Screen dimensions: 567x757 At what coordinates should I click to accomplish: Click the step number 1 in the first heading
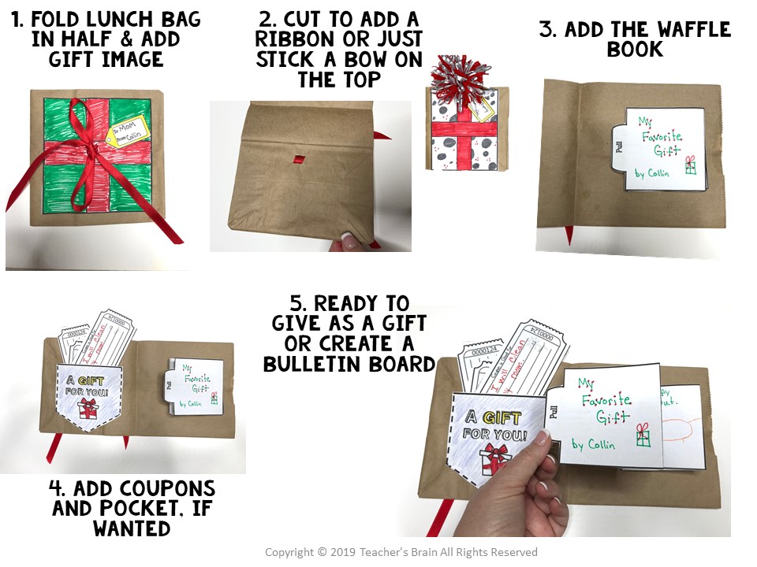(18, 20)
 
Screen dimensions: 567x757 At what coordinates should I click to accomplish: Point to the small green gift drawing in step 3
(690, 165)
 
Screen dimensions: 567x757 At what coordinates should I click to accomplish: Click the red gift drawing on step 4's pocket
(88, 408)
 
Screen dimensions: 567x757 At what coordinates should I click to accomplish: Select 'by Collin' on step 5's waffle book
(597, 443)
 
